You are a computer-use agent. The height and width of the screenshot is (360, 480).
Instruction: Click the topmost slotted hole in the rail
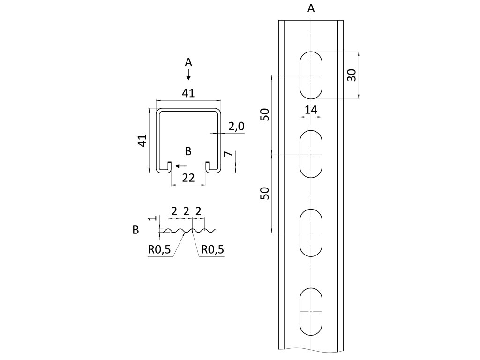(311, 75)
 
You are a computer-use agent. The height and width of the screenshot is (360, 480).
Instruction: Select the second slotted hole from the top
(311, 154)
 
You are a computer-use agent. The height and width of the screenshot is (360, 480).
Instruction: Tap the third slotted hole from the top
(311, 232)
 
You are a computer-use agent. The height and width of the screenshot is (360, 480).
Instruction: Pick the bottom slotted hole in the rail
(311, 312)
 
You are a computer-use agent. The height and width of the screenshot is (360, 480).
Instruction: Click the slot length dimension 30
(352, 75)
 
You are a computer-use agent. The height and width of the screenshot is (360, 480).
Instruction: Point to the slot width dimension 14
(311, 110)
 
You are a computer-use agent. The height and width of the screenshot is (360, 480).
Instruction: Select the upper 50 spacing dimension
(265, 114)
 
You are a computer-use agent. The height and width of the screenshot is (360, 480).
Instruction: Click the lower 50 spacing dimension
(265, 193)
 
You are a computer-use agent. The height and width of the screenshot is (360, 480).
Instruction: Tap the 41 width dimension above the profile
(188, 94)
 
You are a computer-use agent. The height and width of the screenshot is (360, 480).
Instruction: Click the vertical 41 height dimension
(143, 141)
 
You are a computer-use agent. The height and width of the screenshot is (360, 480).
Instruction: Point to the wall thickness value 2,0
(236, 126)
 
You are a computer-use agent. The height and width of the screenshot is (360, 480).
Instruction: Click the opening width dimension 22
(188, 178)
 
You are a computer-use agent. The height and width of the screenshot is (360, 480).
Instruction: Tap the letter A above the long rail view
(311, 8)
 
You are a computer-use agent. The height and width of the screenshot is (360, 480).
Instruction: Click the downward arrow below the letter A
(188, 75)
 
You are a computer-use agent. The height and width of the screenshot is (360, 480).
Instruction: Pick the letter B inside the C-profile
(188, 151)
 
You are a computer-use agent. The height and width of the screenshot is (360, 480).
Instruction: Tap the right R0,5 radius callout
(212, 250)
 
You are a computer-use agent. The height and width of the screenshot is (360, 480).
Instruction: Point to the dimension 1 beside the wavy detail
(151, 219)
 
